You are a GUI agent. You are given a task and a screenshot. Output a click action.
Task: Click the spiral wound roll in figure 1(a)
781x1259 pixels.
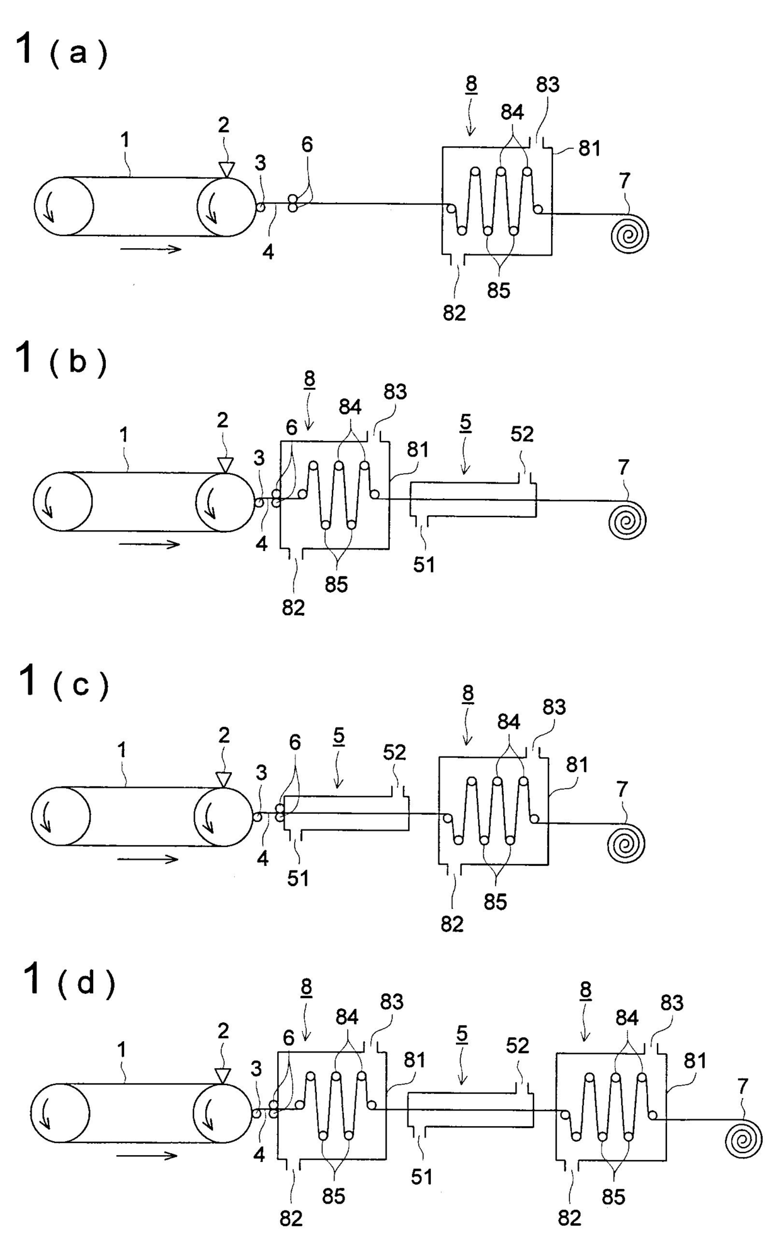pos(630,234)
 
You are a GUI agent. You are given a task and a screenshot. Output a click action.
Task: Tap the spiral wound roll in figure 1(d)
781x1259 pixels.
pos(743,1139)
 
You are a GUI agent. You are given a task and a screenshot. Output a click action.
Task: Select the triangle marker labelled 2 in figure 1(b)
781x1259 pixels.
pos(224,464)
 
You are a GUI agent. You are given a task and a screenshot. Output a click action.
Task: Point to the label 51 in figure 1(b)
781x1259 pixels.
pos(424,564)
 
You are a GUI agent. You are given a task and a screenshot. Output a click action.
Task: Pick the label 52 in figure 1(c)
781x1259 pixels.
pos(395,752)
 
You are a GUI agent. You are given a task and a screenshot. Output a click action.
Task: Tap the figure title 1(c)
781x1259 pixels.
pos(63,683)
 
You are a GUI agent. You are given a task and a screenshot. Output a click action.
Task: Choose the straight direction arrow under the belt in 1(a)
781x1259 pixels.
pos(151,249)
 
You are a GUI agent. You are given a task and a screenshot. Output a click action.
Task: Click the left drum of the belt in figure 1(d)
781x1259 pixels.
pos(60,1113)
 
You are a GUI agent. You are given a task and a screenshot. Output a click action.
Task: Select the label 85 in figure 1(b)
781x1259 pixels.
pos(336,584)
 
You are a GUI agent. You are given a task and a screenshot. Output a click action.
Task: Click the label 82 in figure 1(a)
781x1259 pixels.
pos(454,312)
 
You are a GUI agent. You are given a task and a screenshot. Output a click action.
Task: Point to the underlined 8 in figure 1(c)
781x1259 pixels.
pos(467,693)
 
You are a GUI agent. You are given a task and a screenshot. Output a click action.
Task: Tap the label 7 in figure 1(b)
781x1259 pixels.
pos(623,467)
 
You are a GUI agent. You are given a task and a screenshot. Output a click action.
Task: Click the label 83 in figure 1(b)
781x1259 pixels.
pos(395,392)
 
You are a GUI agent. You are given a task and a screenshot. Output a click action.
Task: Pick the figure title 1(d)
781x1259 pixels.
pos(68,981)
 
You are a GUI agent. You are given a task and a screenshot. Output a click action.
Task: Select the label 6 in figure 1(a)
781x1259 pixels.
pos(307,145)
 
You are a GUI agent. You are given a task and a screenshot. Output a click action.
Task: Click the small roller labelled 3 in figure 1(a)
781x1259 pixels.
pos(260,207)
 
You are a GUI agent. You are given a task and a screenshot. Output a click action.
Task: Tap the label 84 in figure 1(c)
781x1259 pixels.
pos(508,722)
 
